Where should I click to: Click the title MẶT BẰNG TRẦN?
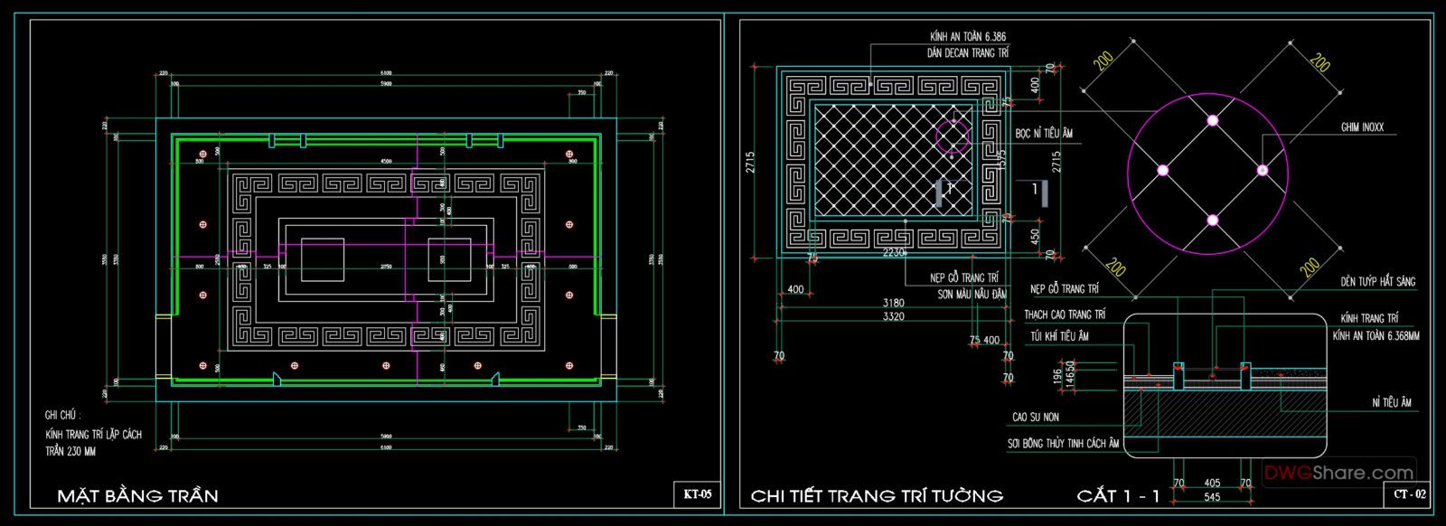pos(137,495)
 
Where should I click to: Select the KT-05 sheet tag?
pos(697,494)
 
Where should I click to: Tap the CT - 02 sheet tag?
pos(1409,494)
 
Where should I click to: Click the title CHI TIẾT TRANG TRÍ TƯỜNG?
pos(876,495)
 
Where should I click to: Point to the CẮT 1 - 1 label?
pos(1118,495)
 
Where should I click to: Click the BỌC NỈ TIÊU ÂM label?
pos(1043,134)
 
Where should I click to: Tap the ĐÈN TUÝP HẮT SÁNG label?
pos(1377,282)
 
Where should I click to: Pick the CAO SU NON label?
pos(1035,418)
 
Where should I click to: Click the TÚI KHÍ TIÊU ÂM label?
pos(1059,336)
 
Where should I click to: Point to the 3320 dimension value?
pos(895,317)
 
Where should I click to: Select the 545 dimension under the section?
pos(1212,497)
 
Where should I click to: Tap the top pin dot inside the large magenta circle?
pos(1212,120)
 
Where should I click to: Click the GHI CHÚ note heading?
pos(62,416)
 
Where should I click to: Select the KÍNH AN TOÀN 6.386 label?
pos(967,37)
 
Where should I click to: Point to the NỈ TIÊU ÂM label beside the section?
pos(1391,403)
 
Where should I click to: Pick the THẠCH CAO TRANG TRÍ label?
pos(1064,315)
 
